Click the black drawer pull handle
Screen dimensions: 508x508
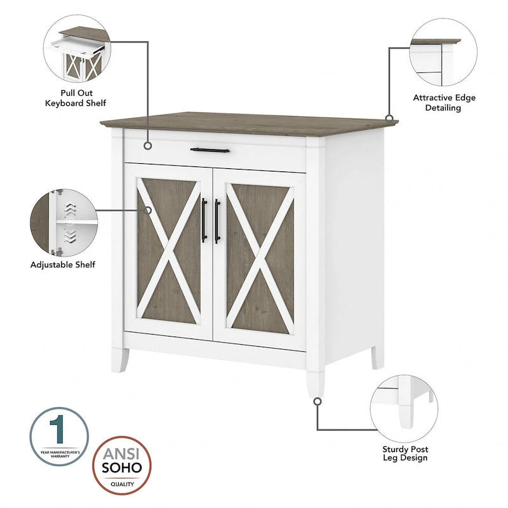[210, 150]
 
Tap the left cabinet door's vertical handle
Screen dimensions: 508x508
[204, 220]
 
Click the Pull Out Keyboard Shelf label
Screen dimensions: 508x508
[76, 98]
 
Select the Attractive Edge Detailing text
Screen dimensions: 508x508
[444, 103]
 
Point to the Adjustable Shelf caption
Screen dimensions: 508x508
[63, 264]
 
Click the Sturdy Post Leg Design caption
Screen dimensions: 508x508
[404, 453]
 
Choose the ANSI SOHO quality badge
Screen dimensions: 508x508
[123, 464]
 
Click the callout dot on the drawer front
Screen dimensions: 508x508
[148, 146]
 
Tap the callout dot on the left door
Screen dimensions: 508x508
[148, 210]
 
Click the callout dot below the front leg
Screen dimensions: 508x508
[317, 401]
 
